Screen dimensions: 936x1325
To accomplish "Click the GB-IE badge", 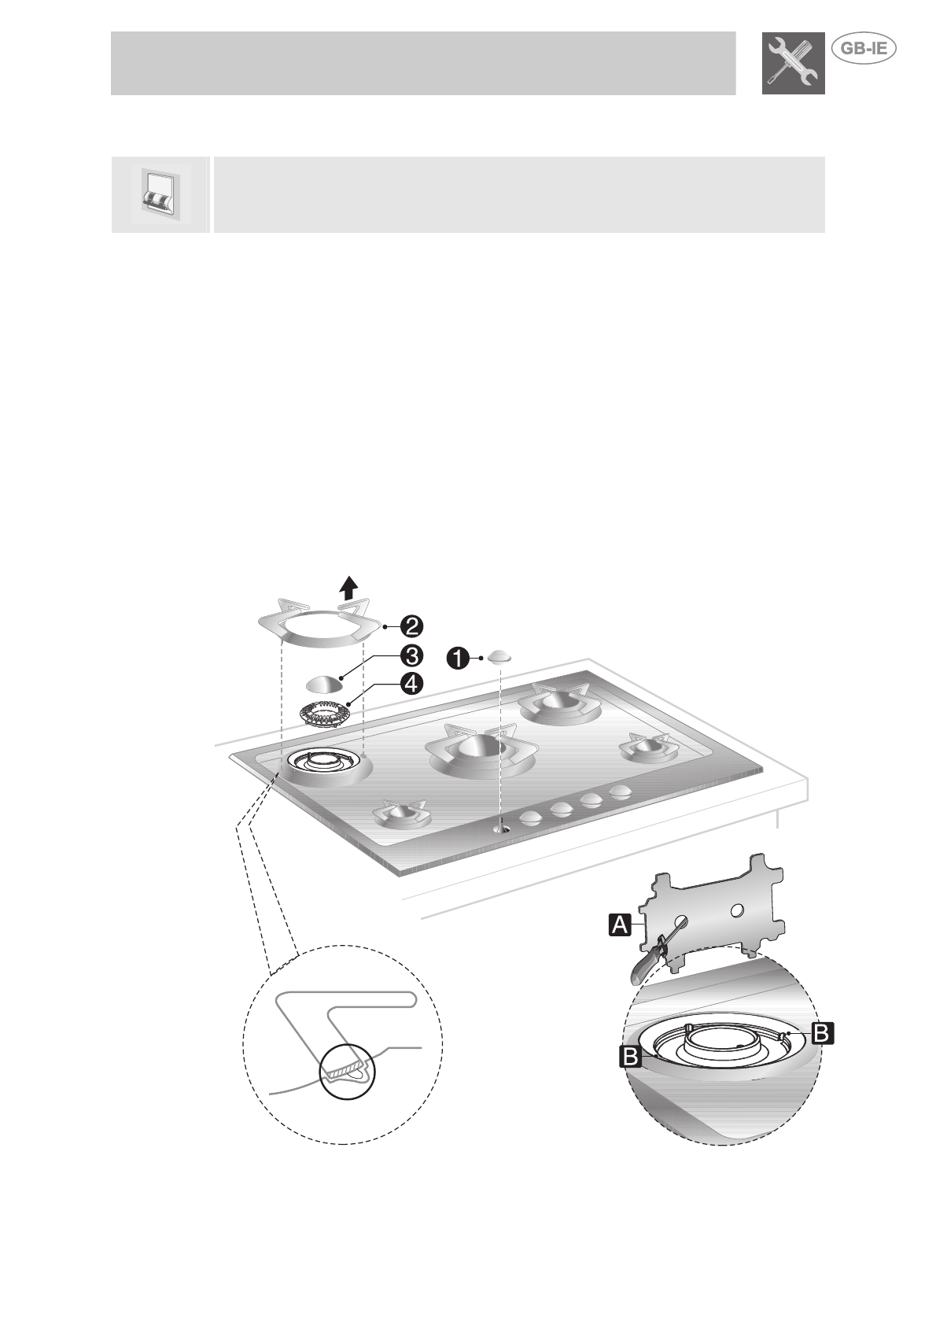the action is tap(864, 48).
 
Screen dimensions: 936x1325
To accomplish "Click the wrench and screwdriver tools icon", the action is tap(793, 64).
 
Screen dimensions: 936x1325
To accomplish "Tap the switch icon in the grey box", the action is tap(160, 194).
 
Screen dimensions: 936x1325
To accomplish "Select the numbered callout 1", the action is tap(456, 657).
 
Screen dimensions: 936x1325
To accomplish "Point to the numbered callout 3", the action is tap(411, 655).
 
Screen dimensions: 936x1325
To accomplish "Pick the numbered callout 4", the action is tap(411, 683).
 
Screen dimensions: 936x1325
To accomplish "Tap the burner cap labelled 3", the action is tap(323, 684).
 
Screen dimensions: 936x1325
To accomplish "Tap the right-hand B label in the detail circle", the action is tap(820, 1032).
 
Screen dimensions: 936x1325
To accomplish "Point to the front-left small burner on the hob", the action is tap(402, 815).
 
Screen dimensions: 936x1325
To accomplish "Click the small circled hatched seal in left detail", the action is tap(347, 1069).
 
